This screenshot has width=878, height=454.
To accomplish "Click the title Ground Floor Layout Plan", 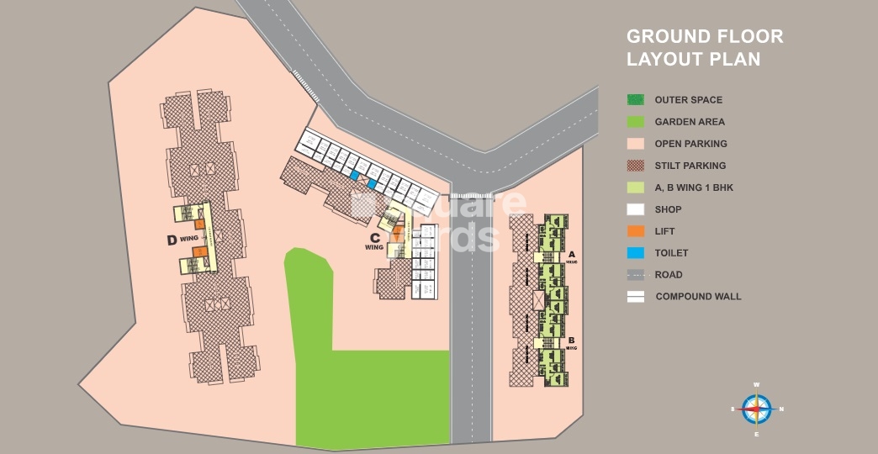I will [x=705, y=48].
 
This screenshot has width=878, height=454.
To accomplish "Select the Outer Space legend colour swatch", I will [x=636, y=100].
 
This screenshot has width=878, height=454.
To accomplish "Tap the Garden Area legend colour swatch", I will [x=636, y=122].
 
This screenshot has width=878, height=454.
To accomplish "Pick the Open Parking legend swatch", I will [x=636, y=144].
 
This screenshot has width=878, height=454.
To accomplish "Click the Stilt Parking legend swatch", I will [x=636, y=166].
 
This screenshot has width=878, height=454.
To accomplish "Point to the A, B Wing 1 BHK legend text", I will [x=694, y=187].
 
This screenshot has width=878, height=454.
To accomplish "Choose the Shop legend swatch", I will [x=636, y=209].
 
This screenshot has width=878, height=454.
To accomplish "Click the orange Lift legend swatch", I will [x=636, y=231].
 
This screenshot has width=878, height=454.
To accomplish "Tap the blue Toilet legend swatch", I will [x=636, y=253].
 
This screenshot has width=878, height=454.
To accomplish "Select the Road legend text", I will [x=669, y=275].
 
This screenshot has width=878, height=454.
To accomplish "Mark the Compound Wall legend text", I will [x=698, y=297].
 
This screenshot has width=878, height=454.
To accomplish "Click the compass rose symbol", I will [x=757, y=409].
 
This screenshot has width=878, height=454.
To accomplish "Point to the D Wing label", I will [x=182, y=240].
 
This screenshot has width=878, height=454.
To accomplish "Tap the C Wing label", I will [x=374, y=241].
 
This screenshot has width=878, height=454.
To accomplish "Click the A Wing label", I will [x=572, y=255].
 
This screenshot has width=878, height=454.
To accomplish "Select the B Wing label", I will [x=572, y=342].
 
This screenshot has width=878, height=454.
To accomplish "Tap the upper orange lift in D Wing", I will [x=200, y=224].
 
